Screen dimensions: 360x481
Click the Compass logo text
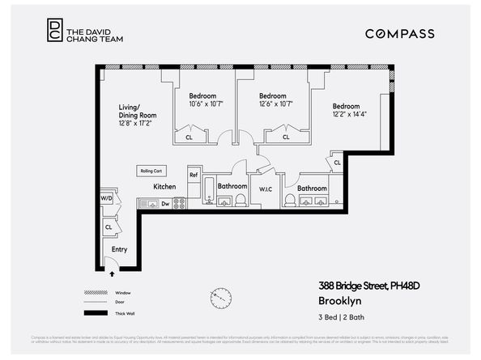point(399,34)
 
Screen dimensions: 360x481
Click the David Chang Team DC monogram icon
point(54,29)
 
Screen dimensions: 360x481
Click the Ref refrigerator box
point(194,174)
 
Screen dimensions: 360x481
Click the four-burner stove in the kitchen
point(180,203)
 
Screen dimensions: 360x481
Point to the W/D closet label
point(106,198)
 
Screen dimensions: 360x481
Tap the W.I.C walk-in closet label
point(265,190)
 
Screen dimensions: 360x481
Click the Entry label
point(120,249)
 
